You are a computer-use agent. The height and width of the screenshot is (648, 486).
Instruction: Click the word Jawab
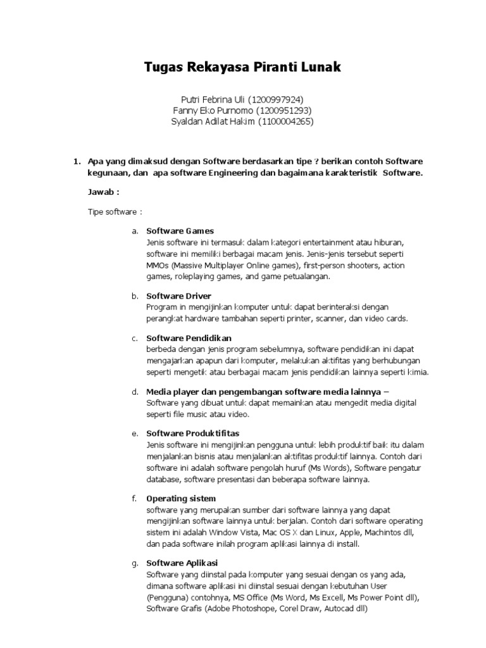click(101, 192)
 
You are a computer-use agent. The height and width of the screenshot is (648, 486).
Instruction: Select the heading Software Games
click(180, 231)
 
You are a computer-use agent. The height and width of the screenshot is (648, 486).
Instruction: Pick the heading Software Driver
click(178, 296)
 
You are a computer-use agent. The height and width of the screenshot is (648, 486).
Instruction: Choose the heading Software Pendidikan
click(189, 338)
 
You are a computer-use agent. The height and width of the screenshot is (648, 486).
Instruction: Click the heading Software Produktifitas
click(193, 433)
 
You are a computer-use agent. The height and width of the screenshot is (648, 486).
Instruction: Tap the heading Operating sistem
click(181, 499)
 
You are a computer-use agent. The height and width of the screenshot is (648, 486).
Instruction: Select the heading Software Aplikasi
click(182, 563)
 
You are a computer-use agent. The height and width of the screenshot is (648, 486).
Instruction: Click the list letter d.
click(135, 392)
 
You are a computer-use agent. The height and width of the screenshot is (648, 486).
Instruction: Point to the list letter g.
click(135, 563)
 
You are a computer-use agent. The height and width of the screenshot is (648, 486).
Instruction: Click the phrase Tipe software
click(113, 212)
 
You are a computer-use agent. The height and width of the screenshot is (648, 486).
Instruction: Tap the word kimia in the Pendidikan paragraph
click(417, 372)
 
